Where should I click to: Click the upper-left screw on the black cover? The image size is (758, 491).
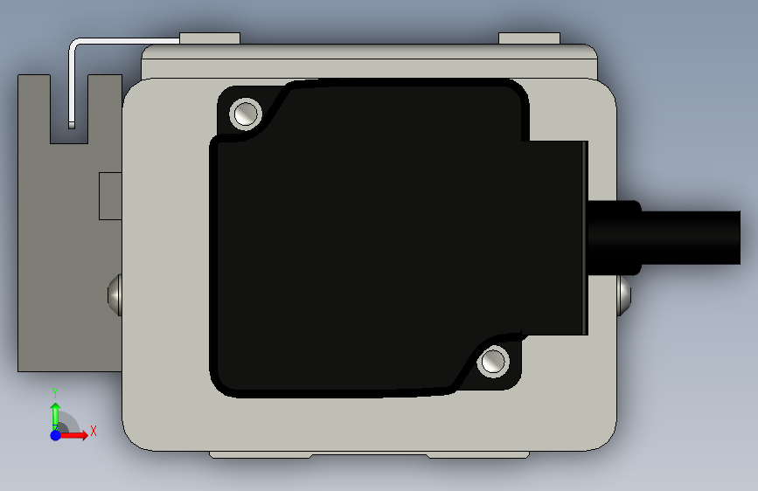246,114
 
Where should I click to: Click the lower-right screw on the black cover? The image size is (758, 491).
493,362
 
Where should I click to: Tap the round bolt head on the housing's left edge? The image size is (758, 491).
115,294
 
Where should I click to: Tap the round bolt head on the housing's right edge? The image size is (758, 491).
624,294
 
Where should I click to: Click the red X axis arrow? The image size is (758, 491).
73,435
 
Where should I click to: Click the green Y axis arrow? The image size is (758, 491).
56,415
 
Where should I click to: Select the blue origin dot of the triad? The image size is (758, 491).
56,435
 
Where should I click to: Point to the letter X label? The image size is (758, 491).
94,431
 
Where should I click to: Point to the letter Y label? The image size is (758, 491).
55,393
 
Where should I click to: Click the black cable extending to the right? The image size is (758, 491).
691,238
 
